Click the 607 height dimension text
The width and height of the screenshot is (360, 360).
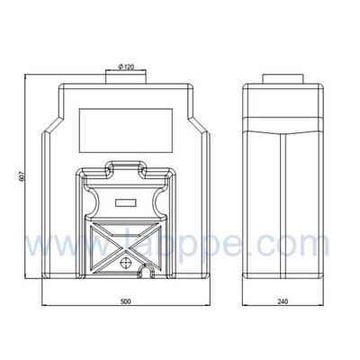coord(20,178)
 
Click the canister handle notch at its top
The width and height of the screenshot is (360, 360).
coord(126,167)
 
